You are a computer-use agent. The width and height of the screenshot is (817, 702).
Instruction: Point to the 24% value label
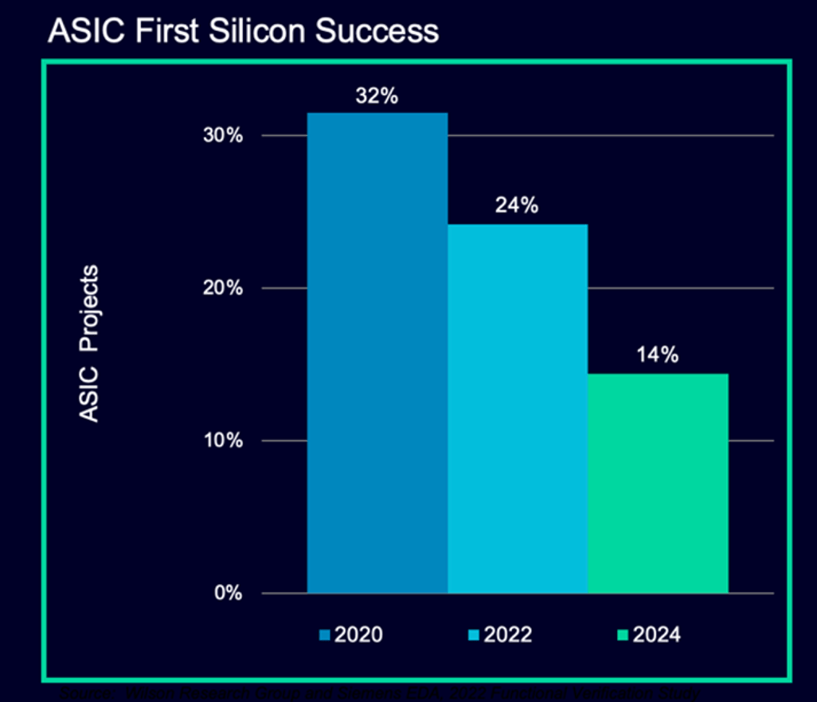pos(518,205)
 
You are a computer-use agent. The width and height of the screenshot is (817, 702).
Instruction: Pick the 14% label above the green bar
pos(658,355)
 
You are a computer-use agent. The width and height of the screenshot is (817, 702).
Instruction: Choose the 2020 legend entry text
pos(358,634)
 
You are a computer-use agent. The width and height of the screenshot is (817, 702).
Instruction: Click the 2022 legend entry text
pos(506,634)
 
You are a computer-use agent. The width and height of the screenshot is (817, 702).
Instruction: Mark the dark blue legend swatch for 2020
pos(323,635)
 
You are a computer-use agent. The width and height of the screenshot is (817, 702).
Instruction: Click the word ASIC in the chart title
pos(79,30)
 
